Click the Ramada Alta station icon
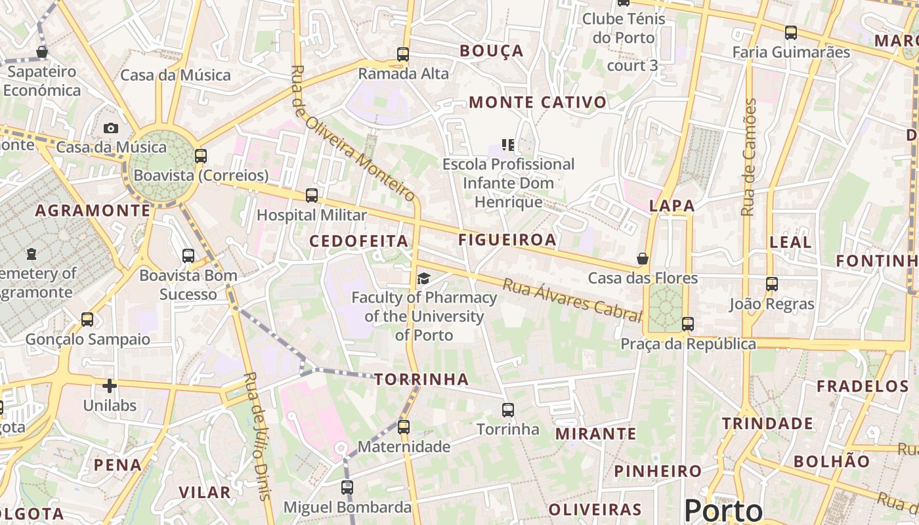403,54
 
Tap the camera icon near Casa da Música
111,128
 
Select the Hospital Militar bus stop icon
312,196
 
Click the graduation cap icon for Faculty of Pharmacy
423,279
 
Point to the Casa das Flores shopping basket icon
643,259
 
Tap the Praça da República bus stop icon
687,324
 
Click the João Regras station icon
772,285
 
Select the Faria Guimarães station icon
791,33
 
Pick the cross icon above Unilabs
110,386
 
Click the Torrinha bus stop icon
507,410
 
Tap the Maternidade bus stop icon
403,427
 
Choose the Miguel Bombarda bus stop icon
347,488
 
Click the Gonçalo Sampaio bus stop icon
87,320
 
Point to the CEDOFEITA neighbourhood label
358,241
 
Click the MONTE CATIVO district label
538,102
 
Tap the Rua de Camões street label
749,157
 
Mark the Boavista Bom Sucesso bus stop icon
188,256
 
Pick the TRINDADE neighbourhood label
767,424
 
